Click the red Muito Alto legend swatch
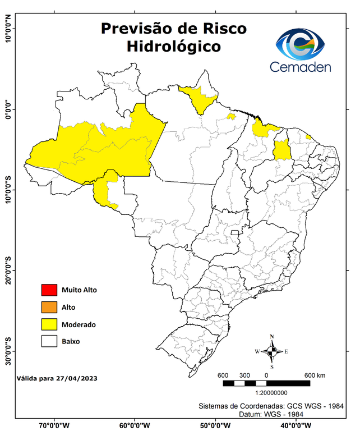pos(49,290)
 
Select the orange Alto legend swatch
pos(49,307)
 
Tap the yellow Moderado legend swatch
pos(49,324)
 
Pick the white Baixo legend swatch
pos(49,341)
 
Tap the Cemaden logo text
pos(301,67)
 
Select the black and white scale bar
pos(266,383)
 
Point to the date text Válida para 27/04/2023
pos(57,379)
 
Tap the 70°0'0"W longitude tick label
pos(54,425)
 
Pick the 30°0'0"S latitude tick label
pos(7,351)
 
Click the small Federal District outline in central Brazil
pos(234,231)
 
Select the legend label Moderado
pos(79,324)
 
